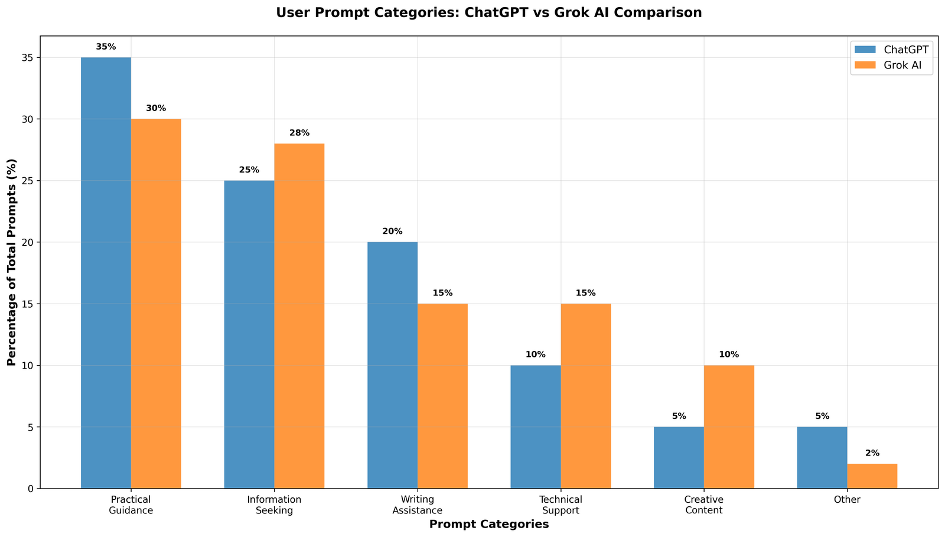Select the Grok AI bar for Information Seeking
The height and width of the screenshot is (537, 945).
pyautogui.click(x=299, y=316)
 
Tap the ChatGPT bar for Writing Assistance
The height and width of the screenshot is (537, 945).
pyautogui.click(x=392, y=365)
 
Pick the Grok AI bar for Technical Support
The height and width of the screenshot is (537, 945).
pyautogui.click(x=586, y=396)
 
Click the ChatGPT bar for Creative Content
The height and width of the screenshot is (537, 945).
pyautogui.click(x=679, y=457)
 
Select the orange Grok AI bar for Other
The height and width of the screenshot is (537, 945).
pyautogui.click(x=872, y=476)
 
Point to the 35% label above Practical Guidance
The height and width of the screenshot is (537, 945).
pyautogui.click(x=106, y=47)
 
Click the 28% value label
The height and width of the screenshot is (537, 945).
pyautogui.click(x=299, y=133)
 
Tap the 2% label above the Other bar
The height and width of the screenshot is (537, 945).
pyautogui.click(x=872, y=453)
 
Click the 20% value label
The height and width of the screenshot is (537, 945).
pyautogui.click(x=392, y=232)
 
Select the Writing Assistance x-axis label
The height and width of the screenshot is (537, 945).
pyautogui.click(x=418, y=505)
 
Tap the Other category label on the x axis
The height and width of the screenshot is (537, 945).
pyautogui.click(x=848, y=500)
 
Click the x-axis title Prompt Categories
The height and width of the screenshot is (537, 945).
pyautogui.click(x=489, y=525)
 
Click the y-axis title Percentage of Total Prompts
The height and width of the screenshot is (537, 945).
pyautogui.click(x=12, y=262)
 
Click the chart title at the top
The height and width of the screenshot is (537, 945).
pyautogui.click(x=489, y=12)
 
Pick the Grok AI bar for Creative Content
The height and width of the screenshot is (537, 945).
pyautogui.click(x=729, y=427)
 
